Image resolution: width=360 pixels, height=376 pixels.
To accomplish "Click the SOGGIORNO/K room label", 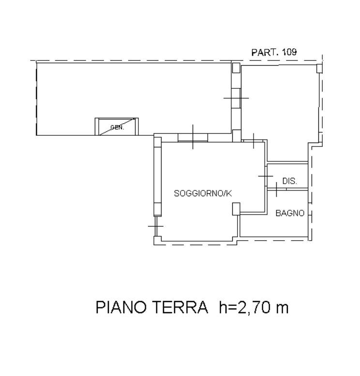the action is click(203, 193).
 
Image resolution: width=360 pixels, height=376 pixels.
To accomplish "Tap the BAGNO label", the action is click(290, 213).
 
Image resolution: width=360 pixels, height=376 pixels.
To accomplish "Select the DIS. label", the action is click(290, 181).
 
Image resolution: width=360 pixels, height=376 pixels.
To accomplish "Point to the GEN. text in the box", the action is click(117, 127).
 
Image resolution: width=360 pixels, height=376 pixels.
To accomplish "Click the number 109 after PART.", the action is click(289, 52).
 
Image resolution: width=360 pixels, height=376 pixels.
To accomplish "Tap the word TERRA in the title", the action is click(180, 307).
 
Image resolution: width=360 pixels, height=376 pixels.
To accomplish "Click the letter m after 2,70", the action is click(282, 309).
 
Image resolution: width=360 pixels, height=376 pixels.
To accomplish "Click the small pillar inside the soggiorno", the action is click(236, 209).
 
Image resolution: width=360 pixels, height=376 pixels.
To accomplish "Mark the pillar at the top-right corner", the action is click(319, 68).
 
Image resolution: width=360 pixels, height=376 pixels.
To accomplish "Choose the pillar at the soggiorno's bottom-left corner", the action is click(158, 240).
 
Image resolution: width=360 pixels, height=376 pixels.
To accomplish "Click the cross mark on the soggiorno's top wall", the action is click(193, 137).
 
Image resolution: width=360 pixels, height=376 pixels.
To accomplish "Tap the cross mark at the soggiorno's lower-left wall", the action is click(156, 226).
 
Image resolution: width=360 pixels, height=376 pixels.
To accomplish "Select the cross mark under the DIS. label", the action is click(276, 189).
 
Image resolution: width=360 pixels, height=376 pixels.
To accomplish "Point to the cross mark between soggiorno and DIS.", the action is click(266, 176).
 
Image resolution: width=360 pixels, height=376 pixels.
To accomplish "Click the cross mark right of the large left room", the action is click(236, 98).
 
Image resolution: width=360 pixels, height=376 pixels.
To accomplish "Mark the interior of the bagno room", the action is click(274, 225).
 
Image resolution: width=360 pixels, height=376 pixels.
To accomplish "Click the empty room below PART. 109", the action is click(279, 103).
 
